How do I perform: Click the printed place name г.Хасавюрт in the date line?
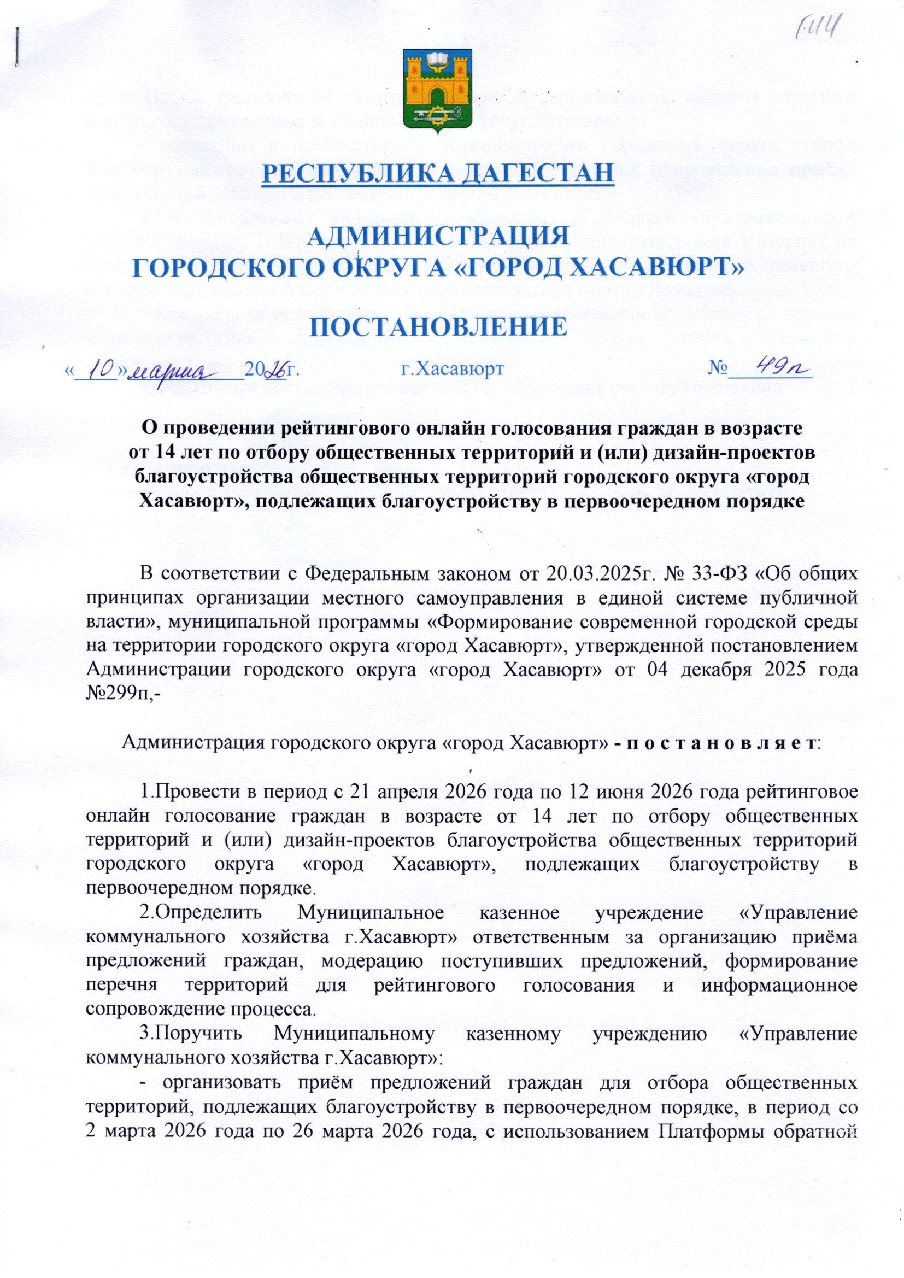[453, 369]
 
